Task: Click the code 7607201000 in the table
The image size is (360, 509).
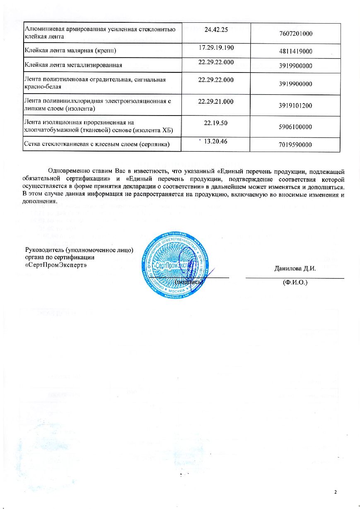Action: (x=295, y=34)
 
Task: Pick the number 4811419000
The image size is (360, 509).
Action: (x=295, y=51)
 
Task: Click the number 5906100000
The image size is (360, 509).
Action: (x=295, y=127)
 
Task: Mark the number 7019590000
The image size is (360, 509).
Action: (x=295, y=145)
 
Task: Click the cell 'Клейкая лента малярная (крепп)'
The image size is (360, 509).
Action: (x=70, y=51)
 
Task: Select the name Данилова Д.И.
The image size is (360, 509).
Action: (x=295, y=268)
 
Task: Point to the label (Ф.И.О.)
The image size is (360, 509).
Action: (x=295, y=283)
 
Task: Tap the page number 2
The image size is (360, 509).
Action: (x=336, y=492)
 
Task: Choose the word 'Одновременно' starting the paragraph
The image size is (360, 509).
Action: (x=69, y=171)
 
